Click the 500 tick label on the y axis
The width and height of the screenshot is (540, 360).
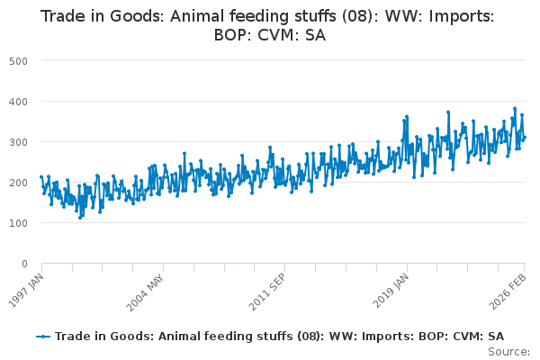(x=19, y=60)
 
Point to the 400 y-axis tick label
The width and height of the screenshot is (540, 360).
(x=19, y=101)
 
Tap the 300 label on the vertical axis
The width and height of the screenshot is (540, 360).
(x=19, y=141)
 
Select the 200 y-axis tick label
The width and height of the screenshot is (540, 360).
(x=19, y=182)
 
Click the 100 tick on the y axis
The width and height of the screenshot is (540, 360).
(x=19, y=222)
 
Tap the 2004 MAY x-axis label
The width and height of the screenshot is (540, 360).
(x=148, y=289)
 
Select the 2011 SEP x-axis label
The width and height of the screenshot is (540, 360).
(x=270, y=289)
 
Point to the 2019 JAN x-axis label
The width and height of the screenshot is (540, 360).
(x=392, y=289)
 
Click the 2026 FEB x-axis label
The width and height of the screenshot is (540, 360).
(x=510, y=289)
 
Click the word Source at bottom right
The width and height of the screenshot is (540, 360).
(x=508, y=352)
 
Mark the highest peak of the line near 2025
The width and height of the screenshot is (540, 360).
(x=515, y=108)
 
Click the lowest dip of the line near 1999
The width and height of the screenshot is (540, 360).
(x=79, y=218)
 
